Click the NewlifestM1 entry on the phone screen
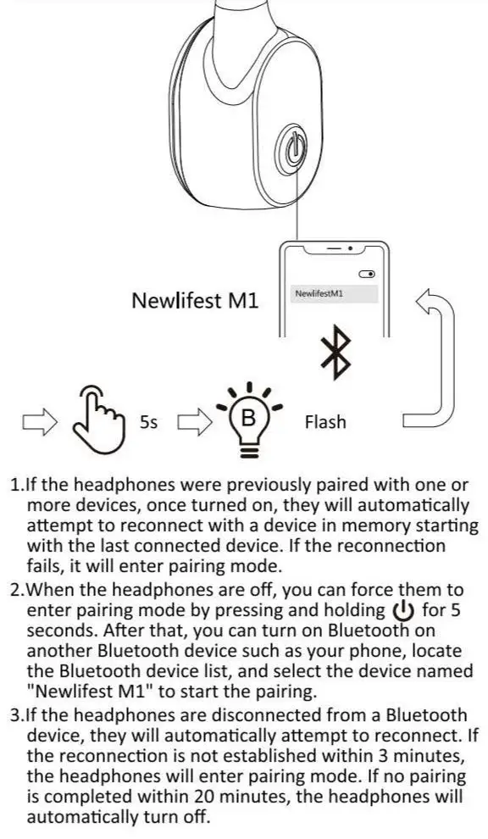click(x=323, y=293)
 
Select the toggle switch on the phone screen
click(x=367, y=275)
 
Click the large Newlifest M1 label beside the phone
click(x=195, y=301)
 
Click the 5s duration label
click(x=149, y=421)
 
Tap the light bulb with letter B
click(x=247, y=419)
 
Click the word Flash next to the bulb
click(x=325, y=421)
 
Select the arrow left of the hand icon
click(x=39, y=421)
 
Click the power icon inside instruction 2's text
click(x=401, y=610)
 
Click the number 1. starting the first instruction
click(x=17, y=486)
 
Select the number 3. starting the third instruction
click(x=17, y=715)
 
